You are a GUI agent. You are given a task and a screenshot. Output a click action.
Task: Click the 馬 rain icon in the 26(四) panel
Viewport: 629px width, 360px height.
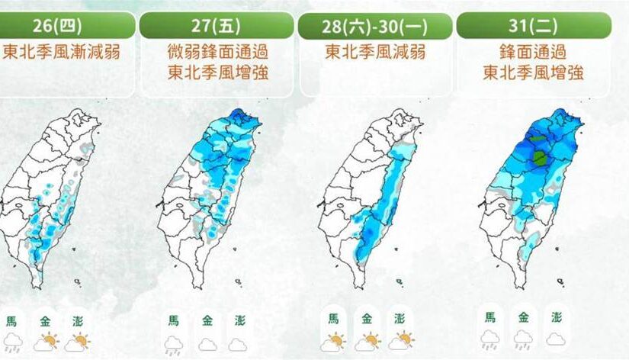click(x=13, y=342)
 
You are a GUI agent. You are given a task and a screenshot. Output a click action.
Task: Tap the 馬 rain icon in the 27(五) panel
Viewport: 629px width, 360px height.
click(x=172, y=343)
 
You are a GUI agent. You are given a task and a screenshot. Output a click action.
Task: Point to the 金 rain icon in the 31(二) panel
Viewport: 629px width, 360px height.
click(x=523, y=339)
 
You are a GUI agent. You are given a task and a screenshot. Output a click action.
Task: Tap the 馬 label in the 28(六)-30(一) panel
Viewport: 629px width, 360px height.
click(x=332, y=319)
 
